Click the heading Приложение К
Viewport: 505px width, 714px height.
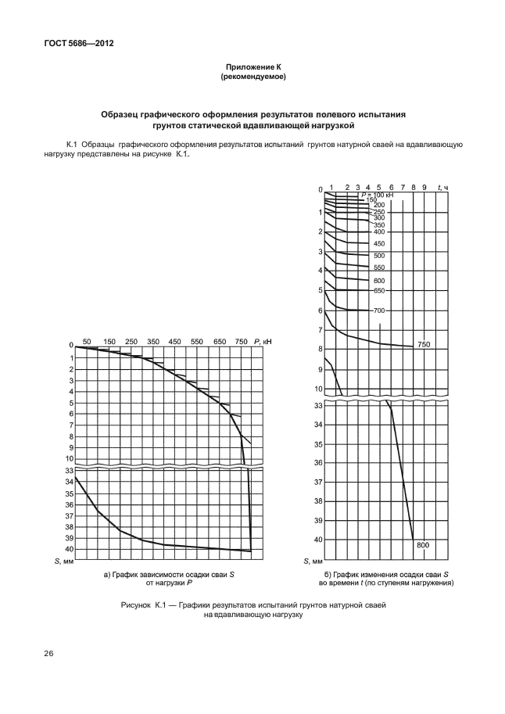(252, 69)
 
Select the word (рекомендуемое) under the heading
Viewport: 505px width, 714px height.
(252, 77)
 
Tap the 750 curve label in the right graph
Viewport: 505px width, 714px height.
(424, 345)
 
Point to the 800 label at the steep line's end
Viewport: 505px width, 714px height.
(423, 544)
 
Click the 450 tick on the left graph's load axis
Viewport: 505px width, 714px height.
(175, 341)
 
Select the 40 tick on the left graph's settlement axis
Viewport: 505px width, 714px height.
(69, 550)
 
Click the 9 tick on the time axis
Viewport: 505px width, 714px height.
(424, 187)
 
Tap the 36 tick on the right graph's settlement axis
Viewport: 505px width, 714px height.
(318, 463)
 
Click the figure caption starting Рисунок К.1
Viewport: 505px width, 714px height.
(252, 610)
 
